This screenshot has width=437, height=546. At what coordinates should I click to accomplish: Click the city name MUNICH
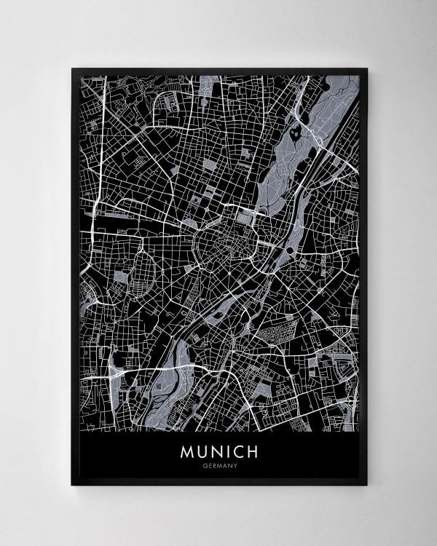pyautogui.click(x=219, y=452)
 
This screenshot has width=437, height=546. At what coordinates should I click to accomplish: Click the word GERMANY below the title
pyautogui.click(x=219, y=467)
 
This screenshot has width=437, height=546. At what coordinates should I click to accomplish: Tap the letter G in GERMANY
pyautogui.click(x=205, y=467)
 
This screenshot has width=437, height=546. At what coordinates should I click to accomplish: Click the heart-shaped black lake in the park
pyautogui.click(x=294, y=132)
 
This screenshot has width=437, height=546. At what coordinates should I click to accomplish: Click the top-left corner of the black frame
pyautogui.click(x=72, y=69)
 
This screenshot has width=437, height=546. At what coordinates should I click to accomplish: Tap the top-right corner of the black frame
pyautogui.click(x=366, y=69)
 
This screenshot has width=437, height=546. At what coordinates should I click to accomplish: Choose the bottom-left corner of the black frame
pyautogui.click(x=72, y=484)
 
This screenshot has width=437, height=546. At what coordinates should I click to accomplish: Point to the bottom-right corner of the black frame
pyautogui.click(x=366, y=484)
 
